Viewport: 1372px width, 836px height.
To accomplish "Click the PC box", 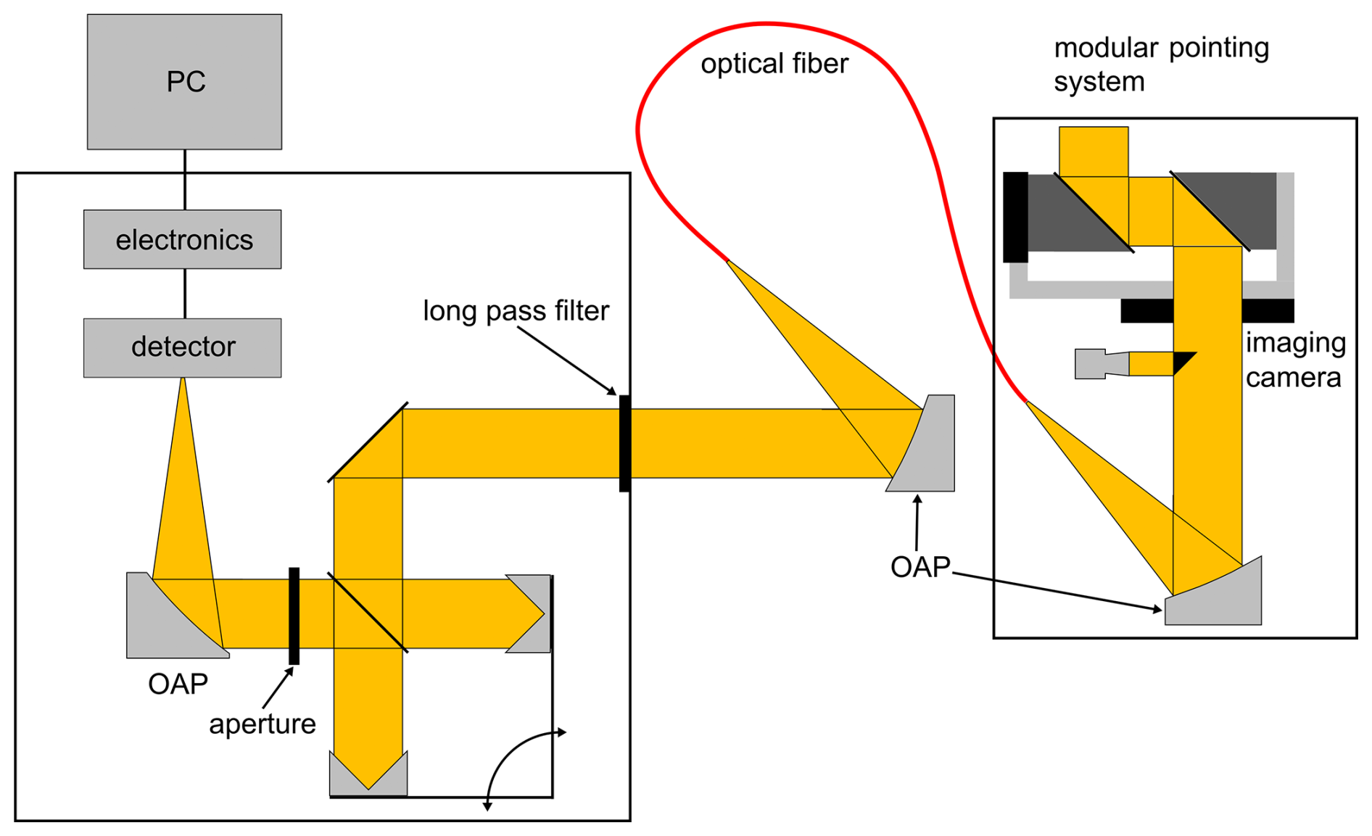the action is (184, 82).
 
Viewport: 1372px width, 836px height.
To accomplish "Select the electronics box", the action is (183, 239).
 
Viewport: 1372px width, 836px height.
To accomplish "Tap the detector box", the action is (183, 347).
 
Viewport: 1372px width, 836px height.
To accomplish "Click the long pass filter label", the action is (516, 311).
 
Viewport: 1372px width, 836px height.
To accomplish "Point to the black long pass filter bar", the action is (624, 444).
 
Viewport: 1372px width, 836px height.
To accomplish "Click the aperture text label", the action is (263, 724).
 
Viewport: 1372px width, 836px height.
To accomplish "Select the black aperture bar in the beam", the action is (294, 616).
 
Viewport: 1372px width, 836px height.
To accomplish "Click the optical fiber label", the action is (774, 64).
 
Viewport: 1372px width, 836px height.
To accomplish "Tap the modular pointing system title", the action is (1161, 65).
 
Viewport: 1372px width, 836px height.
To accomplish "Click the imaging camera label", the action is (1295, 360).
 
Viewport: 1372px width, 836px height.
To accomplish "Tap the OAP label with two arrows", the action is (920, 567).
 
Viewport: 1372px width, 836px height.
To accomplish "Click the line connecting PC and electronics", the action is (185, 180).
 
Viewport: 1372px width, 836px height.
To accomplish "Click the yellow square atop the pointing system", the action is (1094, 152).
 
